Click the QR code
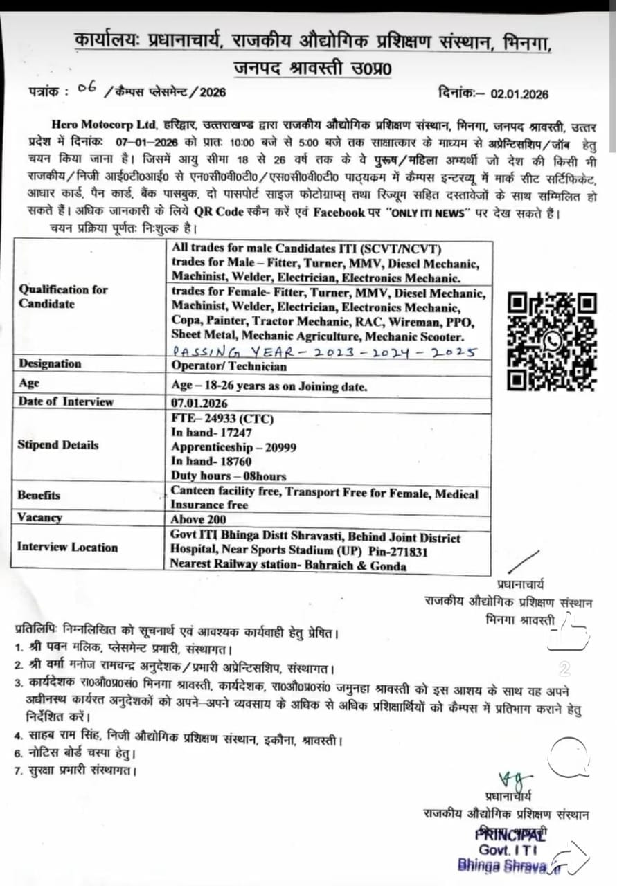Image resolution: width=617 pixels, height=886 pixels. point(552,341)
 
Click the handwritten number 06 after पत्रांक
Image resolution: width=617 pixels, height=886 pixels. point(87,88)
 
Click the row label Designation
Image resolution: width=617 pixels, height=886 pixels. point(50,363)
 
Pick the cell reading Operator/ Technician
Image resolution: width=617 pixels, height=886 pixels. point(229,367)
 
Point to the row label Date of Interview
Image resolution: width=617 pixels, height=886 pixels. point(66,401)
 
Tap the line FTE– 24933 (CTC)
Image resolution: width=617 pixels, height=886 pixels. point(222,419)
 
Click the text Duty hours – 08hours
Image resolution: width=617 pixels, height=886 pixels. point(229,476)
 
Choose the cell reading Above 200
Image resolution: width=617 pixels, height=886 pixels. point(198,519)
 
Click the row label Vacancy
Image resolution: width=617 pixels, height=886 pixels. point(40,518)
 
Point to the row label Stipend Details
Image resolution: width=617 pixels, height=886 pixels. point(58,444)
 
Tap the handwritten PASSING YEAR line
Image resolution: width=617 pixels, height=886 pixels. point(323,352)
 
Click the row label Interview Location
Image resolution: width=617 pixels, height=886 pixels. point(68,547)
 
